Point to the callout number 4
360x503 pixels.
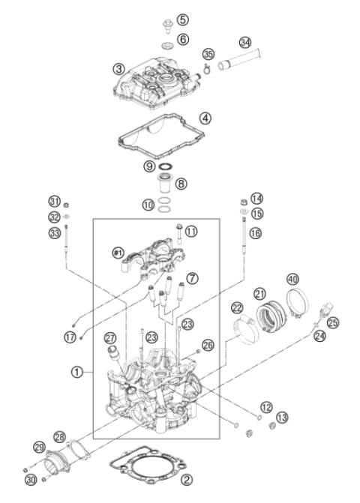pos(205,118)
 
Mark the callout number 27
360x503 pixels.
pos(110,337)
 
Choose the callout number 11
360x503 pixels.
pos(190,232)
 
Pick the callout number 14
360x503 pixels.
pos(258,199)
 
